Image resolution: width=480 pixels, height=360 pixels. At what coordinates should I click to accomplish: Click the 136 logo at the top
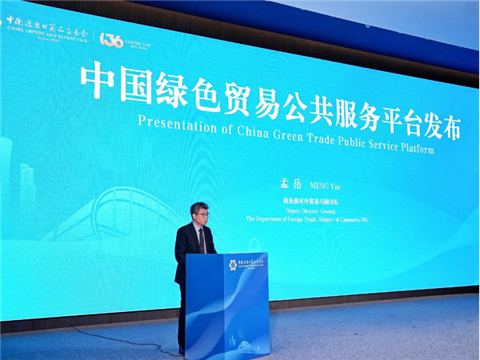(x=111, y=39)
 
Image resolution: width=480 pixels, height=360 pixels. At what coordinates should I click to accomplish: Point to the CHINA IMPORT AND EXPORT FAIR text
(x=46, y=34)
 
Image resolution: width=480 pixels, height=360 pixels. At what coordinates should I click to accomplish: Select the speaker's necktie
(x=202, y=240)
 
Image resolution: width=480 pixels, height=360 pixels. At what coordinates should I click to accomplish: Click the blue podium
(x=226, y=304)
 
